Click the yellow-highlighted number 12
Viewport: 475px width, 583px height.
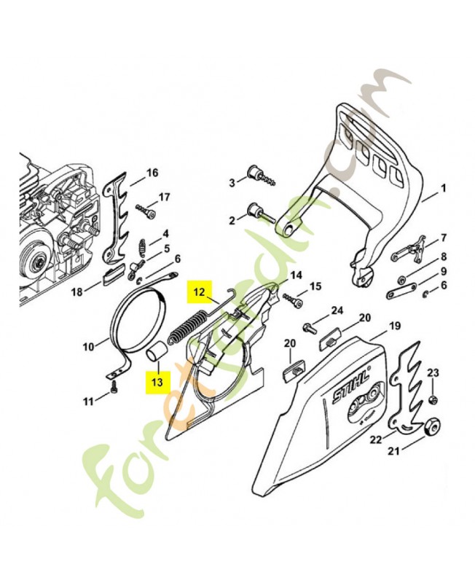click(x=199, y=292)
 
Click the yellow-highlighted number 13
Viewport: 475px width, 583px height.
click(x=157, y=382)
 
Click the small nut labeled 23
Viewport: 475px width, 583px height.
click(x=432, y=400)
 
